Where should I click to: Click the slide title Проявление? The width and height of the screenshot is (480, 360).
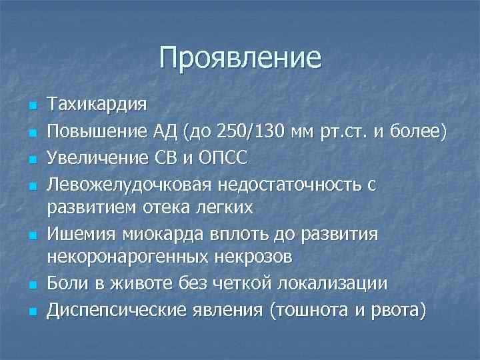tap(240, 57)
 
